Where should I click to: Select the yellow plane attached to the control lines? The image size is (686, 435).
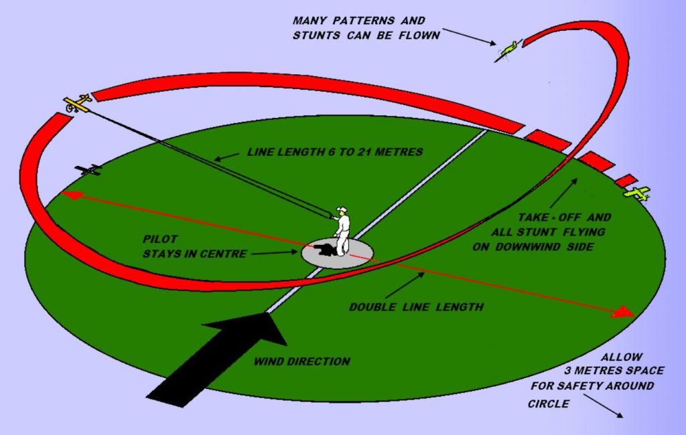pos(78,103)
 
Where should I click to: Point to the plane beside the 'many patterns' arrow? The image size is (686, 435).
pos(508,50)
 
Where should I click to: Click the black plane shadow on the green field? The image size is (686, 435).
pos(88,170)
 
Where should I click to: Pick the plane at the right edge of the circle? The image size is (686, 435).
pos(636,193)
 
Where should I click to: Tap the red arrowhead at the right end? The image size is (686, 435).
pos(624,312)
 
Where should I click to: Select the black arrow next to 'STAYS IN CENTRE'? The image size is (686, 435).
pos(277,253)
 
